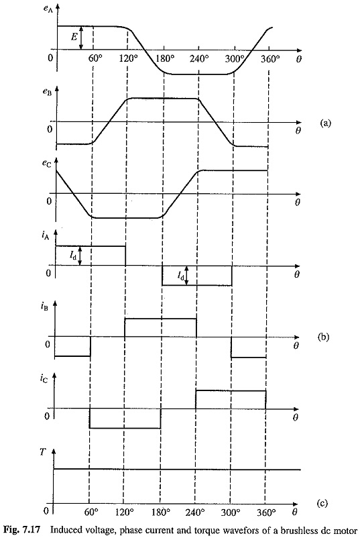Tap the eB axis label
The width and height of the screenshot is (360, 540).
tap(47, 93)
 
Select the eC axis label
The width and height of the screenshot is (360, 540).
tap(47, 164)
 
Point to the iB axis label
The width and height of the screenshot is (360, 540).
tap(44, 306)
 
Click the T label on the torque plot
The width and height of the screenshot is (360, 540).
tap(43, 451)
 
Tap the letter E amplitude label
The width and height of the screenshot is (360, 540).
tap(74, 36)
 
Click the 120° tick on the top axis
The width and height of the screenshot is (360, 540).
tap(129, 58)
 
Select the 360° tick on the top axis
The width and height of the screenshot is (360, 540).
tap(269, 59)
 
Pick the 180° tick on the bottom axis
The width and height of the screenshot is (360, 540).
tap(161, 512)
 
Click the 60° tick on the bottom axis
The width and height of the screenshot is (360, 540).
tap(91, 512)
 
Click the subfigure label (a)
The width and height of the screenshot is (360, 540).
tap(326, 123)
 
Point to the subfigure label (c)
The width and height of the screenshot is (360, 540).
tap(322, 503)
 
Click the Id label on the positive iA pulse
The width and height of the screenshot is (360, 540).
tap(73, 256)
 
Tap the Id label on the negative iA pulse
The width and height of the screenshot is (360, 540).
tap(181, 275)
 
